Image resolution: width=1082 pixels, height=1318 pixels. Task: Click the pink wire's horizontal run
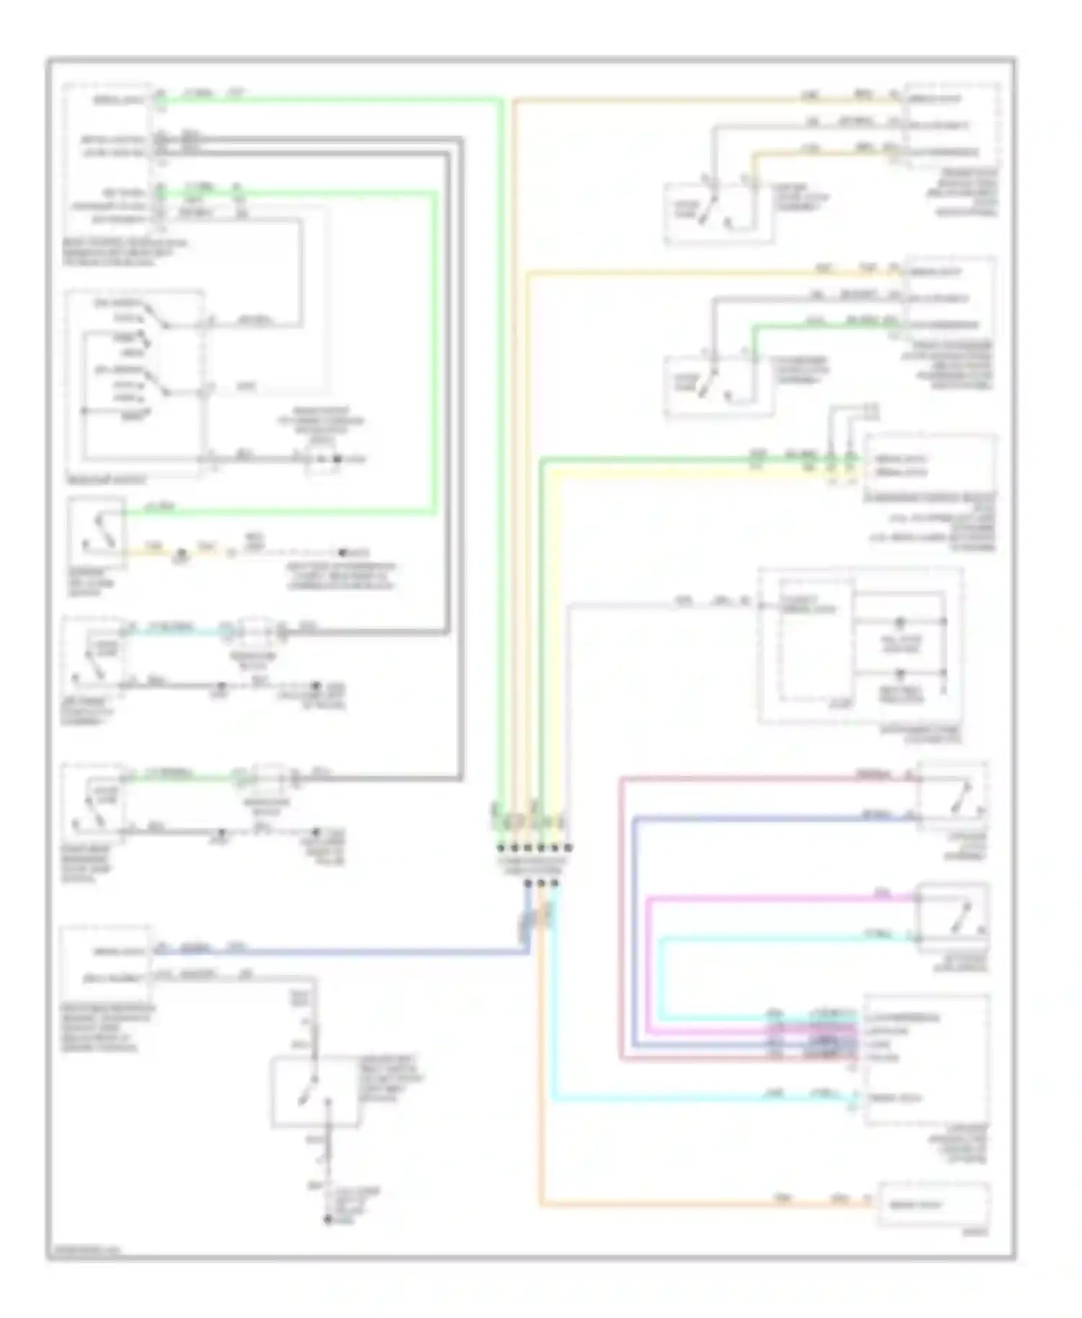tap(779, 898)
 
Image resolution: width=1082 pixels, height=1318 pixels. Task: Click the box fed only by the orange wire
tap(933, 1204)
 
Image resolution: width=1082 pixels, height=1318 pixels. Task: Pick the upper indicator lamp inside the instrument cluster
tap(900, 622)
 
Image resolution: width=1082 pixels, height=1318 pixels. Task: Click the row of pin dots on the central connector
tap(534, 848)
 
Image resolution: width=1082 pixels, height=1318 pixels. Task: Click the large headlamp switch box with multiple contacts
tap(134, 382)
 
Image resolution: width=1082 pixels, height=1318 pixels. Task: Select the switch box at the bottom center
tap(315, 1092)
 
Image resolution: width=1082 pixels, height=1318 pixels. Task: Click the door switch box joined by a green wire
tap(718, 386)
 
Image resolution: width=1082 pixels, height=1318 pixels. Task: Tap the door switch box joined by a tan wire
tap(718, 213)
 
